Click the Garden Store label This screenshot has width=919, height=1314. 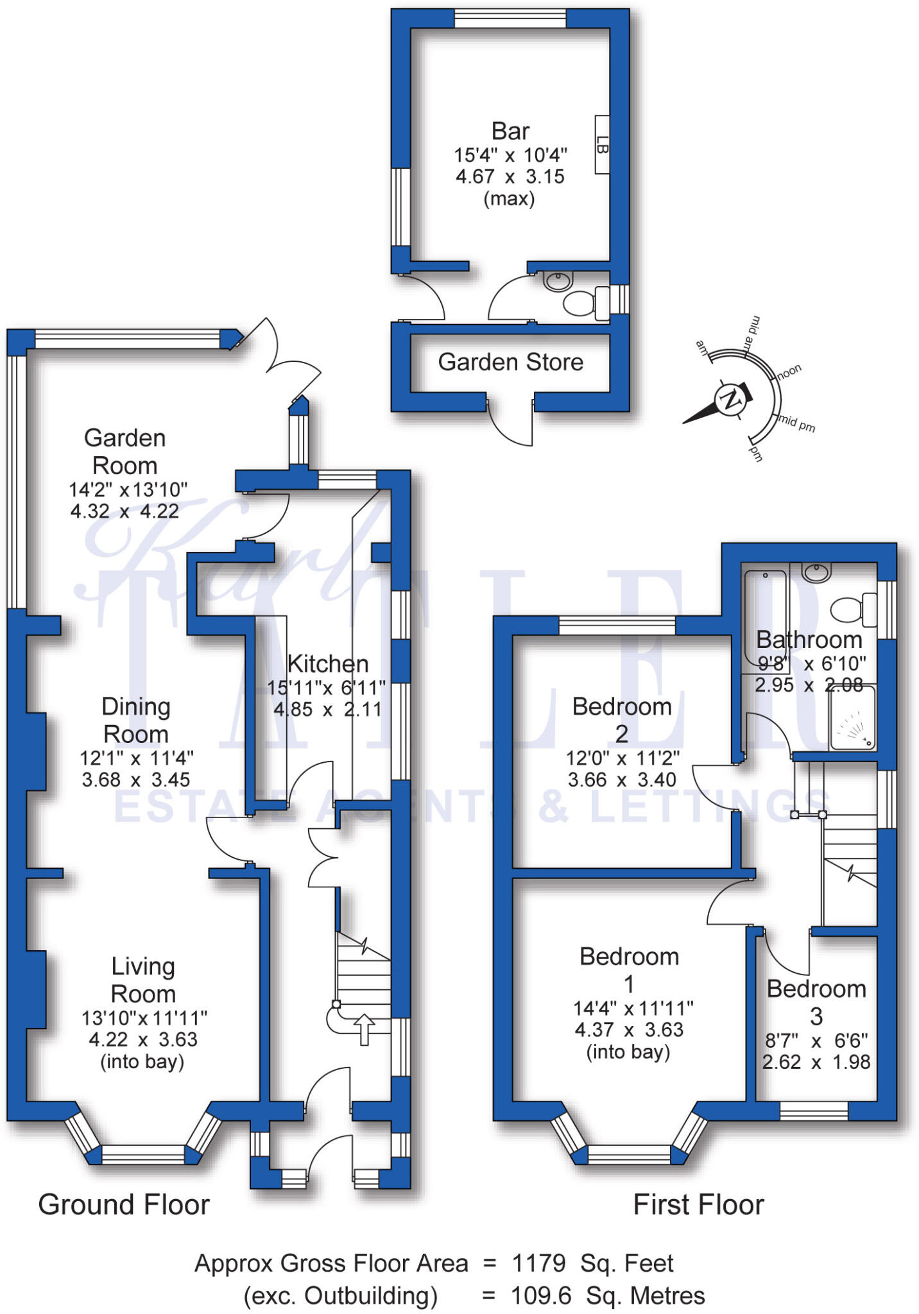coord(511,363)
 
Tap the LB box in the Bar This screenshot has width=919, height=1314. coord(602,144)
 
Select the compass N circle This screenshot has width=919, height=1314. coord(729,401)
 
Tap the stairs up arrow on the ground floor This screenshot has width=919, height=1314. coord(365,1029)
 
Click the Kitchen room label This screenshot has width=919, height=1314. coord(327,663)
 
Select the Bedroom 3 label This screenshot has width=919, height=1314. coord(816,1002)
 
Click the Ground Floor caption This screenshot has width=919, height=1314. coord(124,1204)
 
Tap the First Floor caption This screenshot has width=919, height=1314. coord(698,1204)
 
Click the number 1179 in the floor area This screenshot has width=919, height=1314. coord(539,1263)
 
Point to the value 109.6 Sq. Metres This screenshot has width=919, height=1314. coord(608,1295)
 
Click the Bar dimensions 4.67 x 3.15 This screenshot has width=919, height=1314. coord(510,176)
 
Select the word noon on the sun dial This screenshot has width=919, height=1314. coord(789,371)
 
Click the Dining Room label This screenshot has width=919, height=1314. coord(136,720)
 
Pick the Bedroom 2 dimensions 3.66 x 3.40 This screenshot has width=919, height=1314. coord(622,780)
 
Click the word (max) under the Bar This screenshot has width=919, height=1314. coord(510,199)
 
